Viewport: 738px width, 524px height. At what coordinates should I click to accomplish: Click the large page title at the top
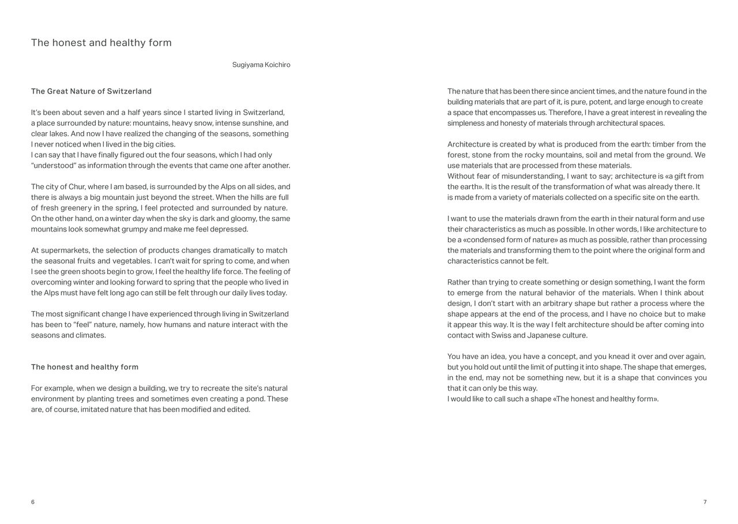coord(101,43)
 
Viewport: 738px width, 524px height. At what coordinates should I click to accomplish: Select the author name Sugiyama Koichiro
coord(261,65)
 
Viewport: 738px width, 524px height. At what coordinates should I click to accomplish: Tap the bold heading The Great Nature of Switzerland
coord(91,91)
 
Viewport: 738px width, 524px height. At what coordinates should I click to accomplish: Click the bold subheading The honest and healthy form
coord(85,367)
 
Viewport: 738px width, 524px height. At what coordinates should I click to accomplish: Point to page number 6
coord(33,502)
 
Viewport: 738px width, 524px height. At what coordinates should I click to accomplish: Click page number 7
coord(705,502)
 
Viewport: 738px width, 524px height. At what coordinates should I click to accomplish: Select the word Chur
coord(77,187)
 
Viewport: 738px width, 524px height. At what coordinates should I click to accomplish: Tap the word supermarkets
coord(65,250)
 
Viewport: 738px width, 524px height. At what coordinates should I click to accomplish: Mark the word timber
coord(656,144)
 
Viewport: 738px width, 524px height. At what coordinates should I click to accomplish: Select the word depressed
coord(229,229)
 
